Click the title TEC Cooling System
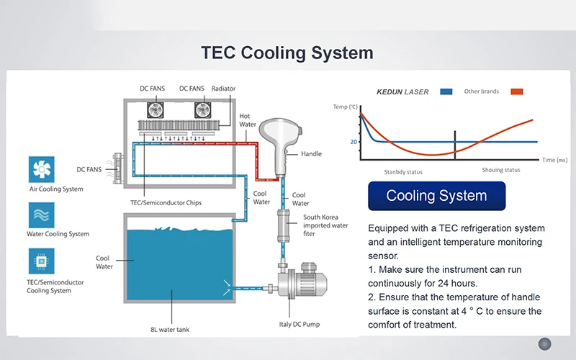pos(287,53)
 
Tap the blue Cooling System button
pos(436,196)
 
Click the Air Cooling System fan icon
pos(42,170)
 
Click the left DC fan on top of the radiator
pos(158,109)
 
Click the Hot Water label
pos(248,120)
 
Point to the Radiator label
pos(223,89)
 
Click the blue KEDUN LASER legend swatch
pos(446,91)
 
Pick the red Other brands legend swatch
pos(516,91)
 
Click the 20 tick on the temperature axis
pos(354,142)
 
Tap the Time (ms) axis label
pos(555,160)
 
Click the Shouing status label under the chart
pos(501,171)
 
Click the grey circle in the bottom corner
pos(545,344)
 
